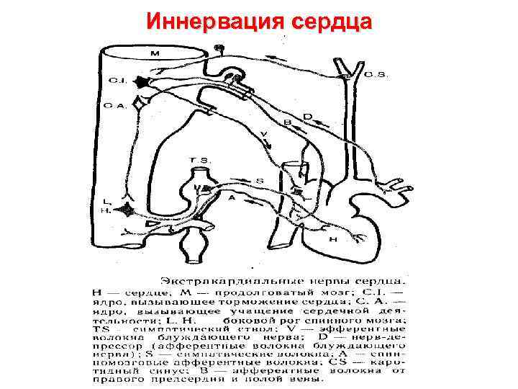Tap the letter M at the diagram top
click(155, 53)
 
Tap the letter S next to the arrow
click(259, 180)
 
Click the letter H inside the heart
click(332, 239)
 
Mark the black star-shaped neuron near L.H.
click(128, 210)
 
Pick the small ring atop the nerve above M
click(219, 49)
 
